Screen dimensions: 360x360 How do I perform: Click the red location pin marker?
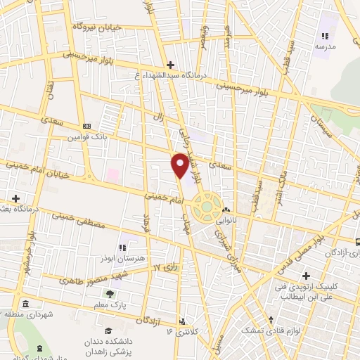(x=180, y=165)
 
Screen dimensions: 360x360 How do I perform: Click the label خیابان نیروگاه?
(x=99, y=27)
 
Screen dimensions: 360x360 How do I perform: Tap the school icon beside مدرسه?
(x=325, y=35)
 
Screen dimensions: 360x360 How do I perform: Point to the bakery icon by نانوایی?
(x=226, y=210)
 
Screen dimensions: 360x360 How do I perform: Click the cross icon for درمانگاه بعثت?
(x=15, y=198)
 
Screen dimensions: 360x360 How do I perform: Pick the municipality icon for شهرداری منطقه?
(x=25, y=304)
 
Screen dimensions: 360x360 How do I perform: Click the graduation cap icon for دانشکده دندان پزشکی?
(x=108, y=330)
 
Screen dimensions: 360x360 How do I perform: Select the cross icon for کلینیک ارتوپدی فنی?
(x=305, y=275)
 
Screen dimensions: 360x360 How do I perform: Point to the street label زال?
(x=158, y=120)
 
